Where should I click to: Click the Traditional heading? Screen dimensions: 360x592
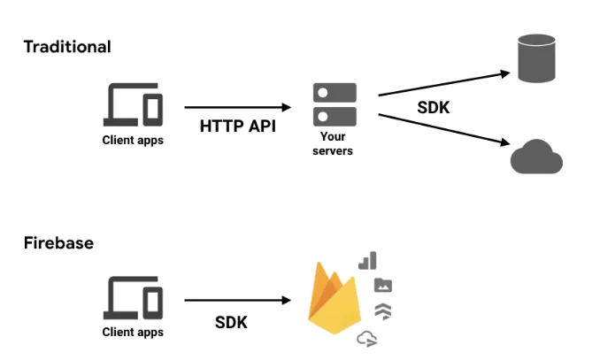click(67, 47)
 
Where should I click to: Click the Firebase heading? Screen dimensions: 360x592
click(58, 242)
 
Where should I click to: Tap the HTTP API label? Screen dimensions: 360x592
click(237, 126)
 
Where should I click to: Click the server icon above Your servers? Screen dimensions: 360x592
click(334, 104)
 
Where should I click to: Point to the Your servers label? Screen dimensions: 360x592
click(334, 144)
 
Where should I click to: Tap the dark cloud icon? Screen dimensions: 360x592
click(536, 157)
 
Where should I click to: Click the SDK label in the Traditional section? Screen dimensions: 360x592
click(434, 109)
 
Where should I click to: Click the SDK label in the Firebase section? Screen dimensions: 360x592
click(231, 323)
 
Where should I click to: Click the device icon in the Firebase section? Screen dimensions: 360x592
click(134, 299)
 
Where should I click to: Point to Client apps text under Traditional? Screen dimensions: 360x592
click(134, 140)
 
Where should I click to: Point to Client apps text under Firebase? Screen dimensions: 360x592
click(134, 333)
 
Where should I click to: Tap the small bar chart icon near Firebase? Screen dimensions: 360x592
click(368, 260)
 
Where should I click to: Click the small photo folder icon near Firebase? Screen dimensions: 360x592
click(383, 285)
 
